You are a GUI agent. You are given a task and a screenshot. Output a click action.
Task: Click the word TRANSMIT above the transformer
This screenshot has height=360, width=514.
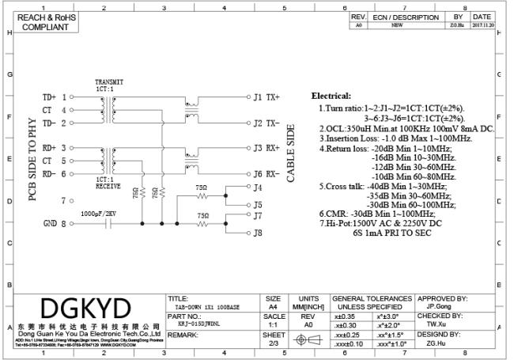pyautogui.click(x=109, y=81)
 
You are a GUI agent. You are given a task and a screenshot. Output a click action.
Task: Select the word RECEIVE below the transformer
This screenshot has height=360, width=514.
pyautogui.click(x=108, y=188)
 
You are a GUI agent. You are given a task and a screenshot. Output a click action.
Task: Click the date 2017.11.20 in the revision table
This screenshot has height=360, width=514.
pyautogui.click(x=482, y=25)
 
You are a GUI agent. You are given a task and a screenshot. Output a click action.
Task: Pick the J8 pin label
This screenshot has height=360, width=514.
pyautogui.click(x=257, y=233)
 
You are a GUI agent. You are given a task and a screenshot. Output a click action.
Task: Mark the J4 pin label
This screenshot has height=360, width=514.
pyautogui.click(x=257, y=188)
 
